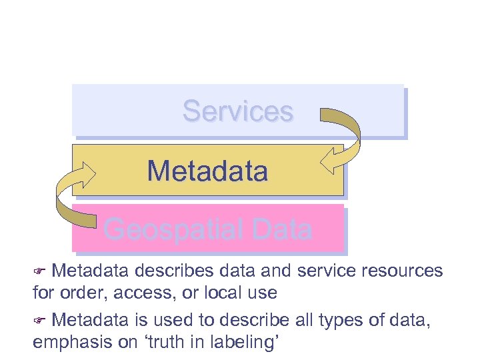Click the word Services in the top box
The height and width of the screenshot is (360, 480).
click(238, 111)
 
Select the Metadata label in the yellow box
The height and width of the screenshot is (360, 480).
click(207, 171)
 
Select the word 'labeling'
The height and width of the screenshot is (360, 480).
click(248, 343)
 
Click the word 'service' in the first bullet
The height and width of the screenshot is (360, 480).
click(317, 271)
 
